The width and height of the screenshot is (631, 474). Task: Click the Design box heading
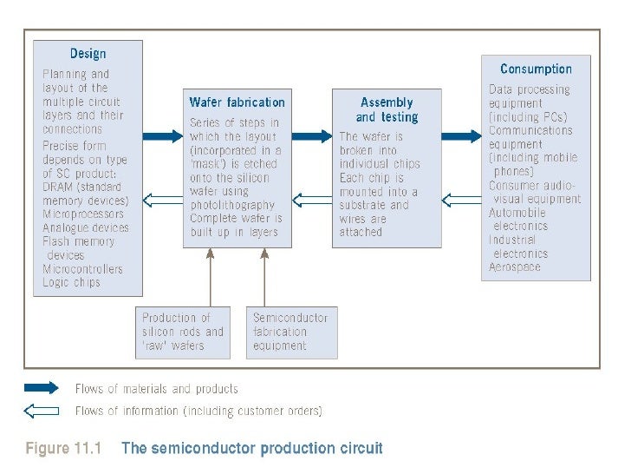pos(88,54)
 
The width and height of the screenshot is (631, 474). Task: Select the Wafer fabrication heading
pos(237,102)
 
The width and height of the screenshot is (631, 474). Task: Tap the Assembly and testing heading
pos(387,109)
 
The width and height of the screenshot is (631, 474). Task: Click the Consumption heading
pos(536,69)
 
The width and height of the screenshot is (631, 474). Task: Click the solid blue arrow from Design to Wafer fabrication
pos(162,136)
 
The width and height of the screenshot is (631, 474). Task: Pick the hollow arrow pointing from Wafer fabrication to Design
pos(162,201)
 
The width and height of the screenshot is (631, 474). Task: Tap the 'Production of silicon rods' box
pos(183,332)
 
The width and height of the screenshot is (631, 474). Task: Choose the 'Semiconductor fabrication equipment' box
pos(292,332)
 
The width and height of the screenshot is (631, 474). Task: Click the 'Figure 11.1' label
pos(63,449)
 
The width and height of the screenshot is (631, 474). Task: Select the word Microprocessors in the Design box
pos(83,214)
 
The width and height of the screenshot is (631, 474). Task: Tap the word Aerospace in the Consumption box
pos(514,267)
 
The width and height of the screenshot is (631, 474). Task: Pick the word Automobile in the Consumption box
pos(517,212)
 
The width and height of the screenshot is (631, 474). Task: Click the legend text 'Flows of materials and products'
pos(156,389)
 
